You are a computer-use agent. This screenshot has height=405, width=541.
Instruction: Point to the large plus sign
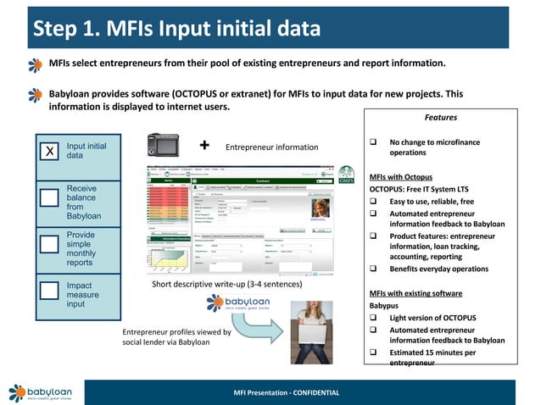pyautogui.click(x=204, y=145)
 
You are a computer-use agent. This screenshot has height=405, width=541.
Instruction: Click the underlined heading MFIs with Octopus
pyautogui.click(x=401, y=177)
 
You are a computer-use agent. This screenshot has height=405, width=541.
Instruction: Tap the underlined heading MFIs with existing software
pyautogui.click(x=415, y=293)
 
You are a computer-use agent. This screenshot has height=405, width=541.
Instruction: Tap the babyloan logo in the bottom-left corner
pyautogui.click(x=40, y=392)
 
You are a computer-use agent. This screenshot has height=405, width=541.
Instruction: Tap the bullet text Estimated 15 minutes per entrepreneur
pyautogui.click(x=432, y=358)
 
